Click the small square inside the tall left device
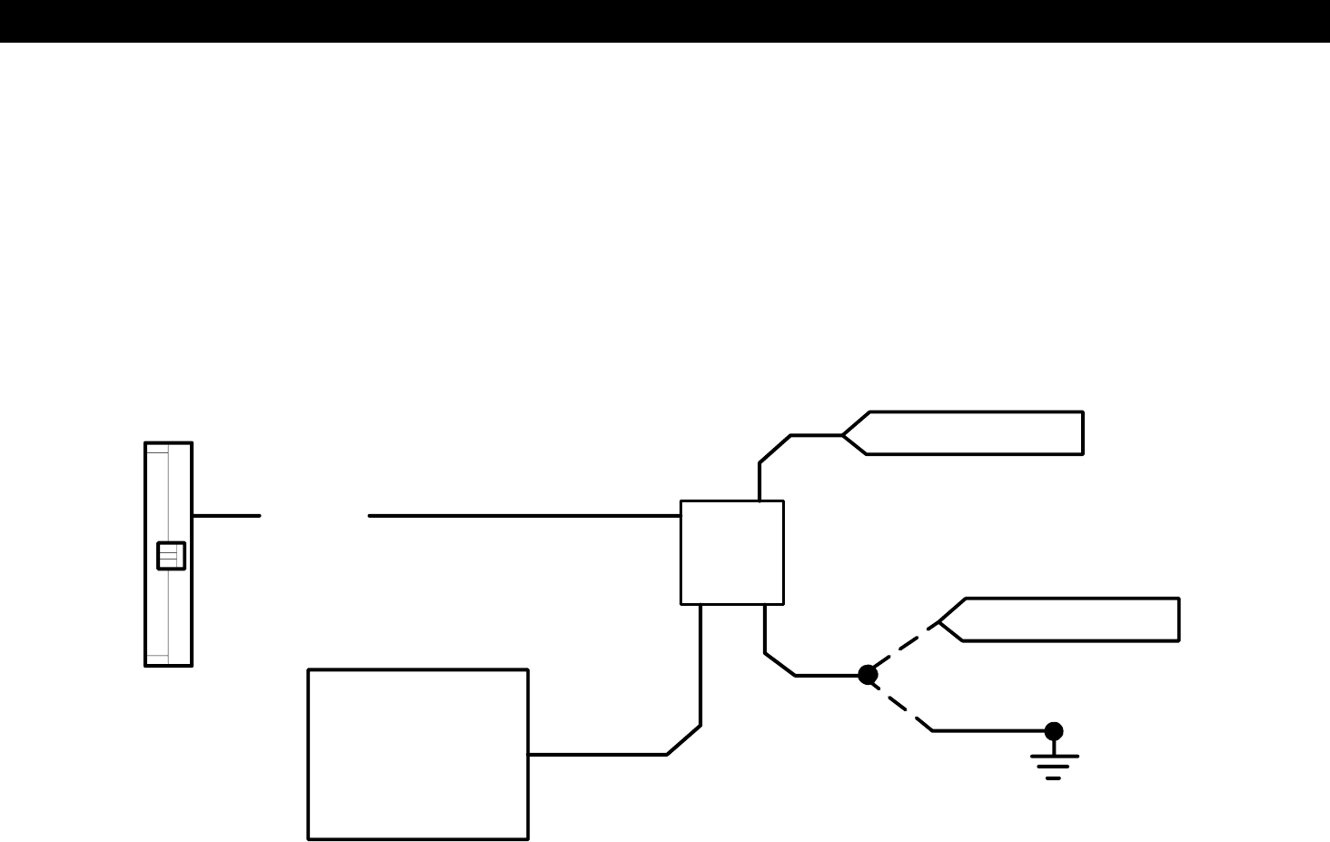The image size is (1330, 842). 171,556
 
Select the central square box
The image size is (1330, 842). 731,552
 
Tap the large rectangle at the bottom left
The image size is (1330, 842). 418,755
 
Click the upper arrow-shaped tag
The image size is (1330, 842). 972,433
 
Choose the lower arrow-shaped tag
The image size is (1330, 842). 1068,619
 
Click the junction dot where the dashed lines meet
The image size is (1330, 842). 868,675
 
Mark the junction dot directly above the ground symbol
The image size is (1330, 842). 1054,731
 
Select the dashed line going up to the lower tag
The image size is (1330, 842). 905,648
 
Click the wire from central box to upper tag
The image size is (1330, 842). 774,450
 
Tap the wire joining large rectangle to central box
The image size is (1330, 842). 700,690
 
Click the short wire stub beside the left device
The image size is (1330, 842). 226,516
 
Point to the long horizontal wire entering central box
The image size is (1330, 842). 524,516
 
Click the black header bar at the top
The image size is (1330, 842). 665,20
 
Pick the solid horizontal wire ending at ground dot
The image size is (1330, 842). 990,730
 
